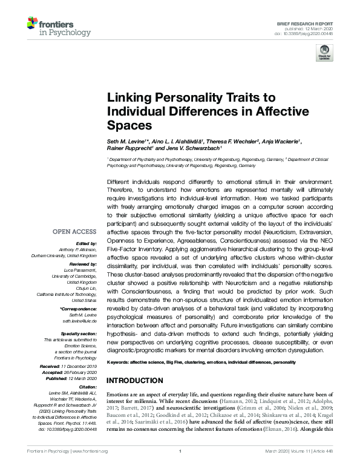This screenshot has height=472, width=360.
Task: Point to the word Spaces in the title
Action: (x=127, y=125)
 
